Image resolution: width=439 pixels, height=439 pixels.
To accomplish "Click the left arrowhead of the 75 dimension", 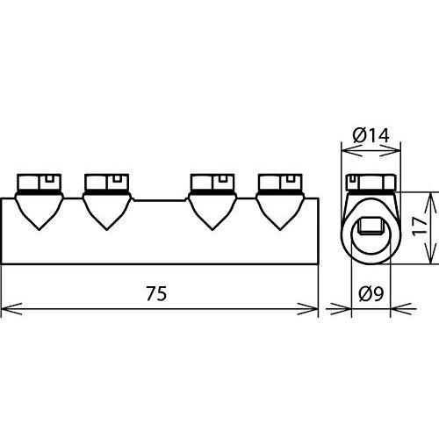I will (x=8, y=307).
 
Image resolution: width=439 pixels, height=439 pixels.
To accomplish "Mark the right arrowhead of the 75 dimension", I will (x=312, y=307).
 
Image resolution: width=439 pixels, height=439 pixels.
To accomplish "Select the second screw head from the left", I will (x=106, y=182).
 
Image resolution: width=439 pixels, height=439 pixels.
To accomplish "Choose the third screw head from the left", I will (x=212, y=182).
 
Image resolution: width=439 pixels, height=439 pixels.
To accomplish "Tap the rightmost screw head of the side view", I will (x=281, y=182).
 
